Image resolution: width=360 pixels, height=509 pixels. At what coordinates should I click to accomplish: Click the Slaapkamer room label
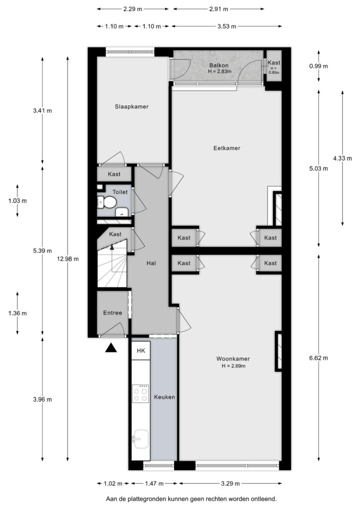coord(131,106)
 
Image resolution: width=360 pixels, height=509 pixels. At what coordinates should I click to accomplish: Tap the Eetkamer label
coord(227,148)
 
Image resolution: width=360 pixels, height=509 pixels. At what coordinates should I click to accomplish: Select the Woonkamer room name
coord(233,359)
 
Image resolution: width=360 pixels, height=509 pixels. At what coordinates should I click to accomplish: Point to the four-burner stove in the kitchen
coord(141,394)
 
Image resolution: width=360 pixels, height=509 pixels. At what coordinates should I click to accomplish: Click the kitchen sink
coord(141,439)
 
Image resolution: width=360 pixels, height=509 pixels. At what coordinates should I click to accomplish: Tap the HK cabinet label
coord(141,350)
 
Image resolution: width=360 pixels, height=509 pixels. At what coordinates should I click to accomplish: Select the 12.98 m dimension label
coord(68,258)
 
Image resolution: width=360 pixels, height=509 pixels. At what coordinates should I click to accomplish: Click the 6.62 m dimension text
coord(318,358)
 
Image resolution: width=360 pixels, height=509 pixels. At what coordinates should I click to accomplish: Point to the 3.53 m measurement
coord(227,26)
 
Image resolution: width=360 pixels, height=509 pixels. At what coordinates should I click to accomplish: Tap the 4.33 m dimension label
coord(343,159)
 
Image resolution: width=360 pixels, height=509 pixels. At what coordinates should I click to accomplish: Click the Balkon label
coord(218,65)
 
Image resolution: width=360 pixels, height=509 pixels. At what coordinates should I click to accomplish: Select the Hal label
coord(151,263)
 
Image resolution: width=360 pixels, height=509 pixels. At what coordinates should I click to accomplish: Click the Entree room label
coord(113,313)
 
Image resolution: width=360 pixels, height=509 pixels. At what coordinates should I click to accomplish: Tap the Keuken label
coord(164,397)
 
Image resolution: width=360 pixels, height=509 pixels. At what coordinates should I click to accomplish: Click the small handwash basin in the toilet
coord(122,212)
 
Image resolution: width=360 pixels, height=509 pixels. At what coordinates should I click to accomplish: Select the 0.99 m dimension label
coord(318,66)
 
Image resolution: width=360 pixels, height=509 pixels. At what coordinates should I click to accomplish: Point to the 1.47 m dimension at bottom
coord(154,483)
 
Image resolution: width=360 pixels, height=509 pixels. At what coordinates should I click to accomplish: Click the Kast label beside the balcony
coord(274,63)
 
